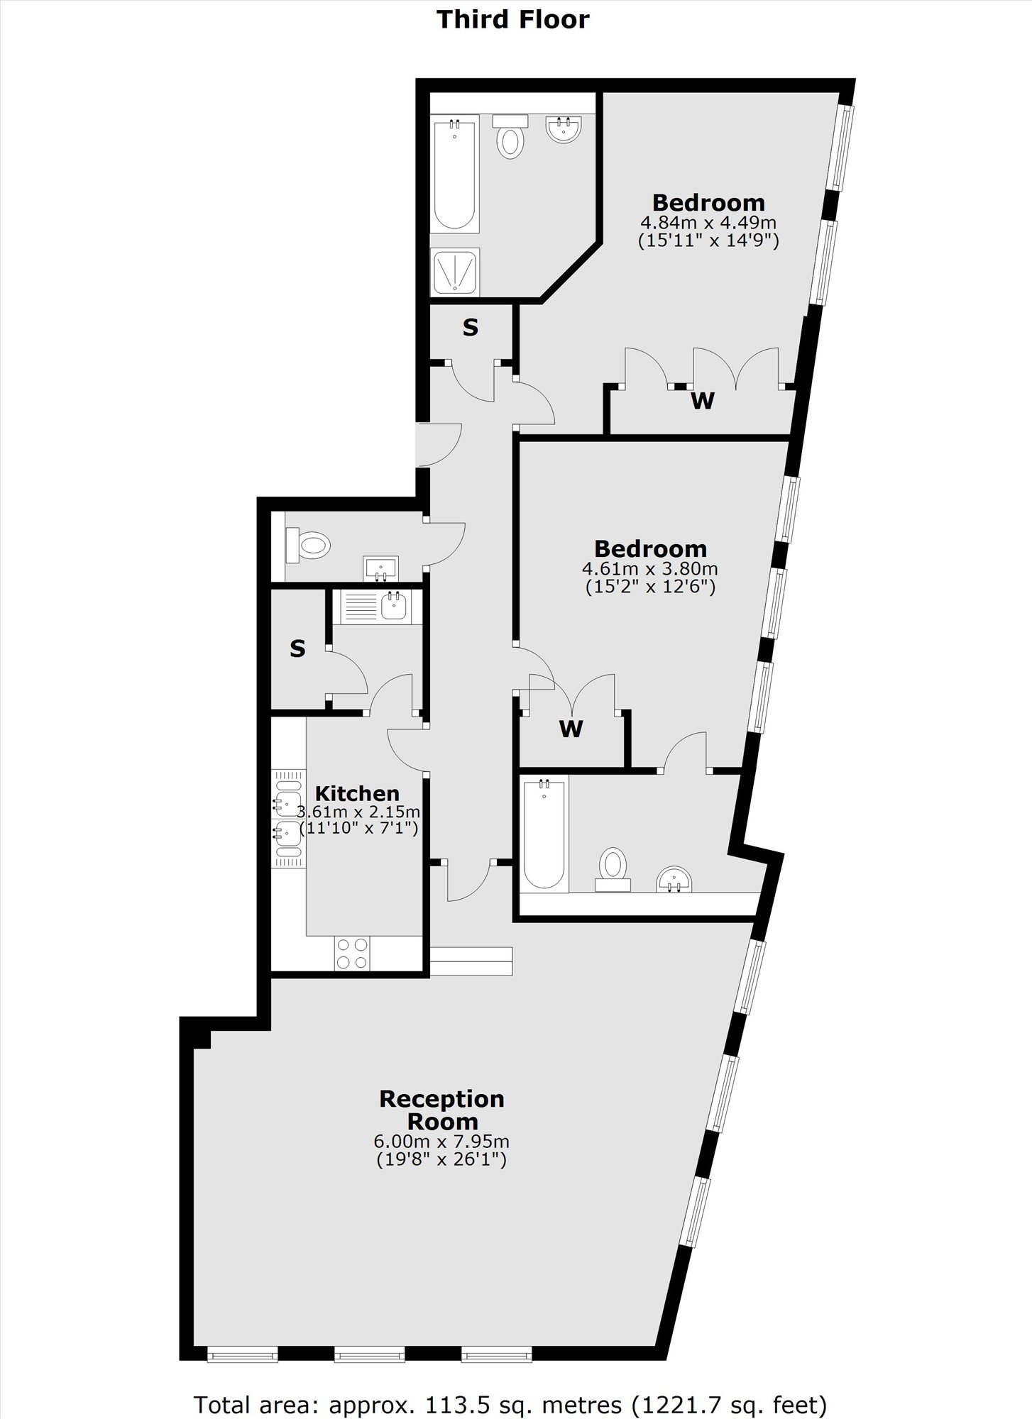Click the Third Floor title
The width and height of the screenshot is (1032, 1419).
512,19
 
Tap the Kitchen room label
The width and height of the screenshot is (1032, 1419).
357,793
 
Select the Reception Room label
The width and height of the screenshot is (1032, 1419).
441,1110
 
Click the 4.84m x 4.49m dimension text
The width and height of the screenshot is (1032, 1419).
708,223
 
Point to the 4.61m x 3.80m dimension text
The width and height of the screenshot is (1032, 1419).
649,569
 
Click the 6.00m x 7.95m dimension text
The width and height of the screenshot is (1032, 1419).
441,1142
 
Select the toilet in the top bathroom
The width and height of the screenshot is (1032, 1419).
510,136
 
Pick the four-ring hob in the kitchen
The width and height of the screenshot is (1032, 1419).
352,953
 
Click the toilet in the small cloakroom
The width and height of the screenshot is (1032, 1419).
308,546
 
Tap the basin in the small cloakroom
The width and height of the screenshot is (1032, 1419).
381,568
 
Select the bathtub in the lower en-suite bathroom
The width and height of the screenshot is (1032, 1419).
544,834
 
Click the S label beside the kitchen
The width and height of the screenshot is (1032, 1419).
297,648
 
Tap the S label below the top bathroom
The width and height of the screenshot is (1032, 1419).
471,327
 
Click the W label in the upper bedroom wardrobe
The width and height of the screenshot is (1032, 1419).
703,401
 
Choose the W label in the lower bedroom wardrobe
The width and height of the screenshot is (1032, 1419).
571,729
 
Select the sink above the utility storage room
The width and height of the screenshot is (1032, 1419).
394,606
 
